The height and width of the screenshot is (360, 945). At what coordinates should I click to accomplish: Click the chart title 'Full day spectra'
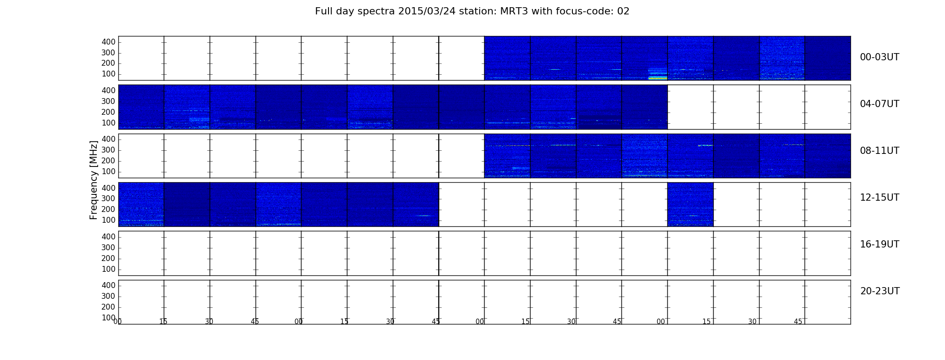click(355, 12)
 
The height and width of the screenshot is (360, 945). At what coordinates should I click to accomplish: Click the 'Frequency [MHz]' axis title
click(94, 180)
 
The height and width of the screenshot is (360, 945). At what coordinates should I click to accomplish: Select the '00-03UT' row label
click(879, 57)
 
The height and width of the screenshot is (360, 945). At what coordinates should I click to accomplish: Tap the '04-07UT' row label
click(879, 104)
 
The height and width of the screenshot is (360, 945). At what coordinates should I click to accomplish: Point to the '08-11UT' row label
click(879, 151)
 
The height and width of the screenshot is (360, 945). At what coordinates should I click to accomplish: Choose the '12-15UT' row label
click(879, 198)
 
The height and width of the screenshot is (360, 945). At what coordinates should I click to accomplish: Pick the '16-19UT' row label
click(879, 244)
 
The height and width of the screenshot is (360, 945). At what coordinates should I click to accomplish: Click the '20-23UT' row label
click(880, 291)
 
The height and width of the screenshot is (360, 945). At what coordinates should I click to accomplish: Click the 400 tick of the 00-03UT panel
click(108, 42)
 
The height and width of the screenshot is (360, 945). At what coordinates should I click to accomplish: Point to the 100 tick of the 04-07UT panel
click(108, 123)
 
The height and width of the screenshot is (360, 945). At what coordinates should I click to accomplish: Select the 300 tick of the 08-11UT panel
click(108, 150)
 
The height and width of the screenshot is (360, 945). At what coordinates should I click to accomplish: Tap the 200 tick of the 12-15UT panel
click(108, 209)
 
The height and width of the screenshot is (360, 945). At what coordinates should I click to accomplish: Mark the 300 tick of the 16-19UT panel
click(108, 247)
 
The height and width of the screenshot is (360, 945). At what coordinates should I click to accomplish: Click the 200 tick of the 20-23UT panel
click(108, 307)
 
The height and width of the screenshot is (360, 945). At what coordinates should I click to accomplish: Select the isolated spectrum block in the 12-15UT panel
click(690, 204)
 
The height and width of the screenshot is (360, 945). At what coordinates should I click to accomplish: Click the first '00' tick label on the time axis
click(117, 321)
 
